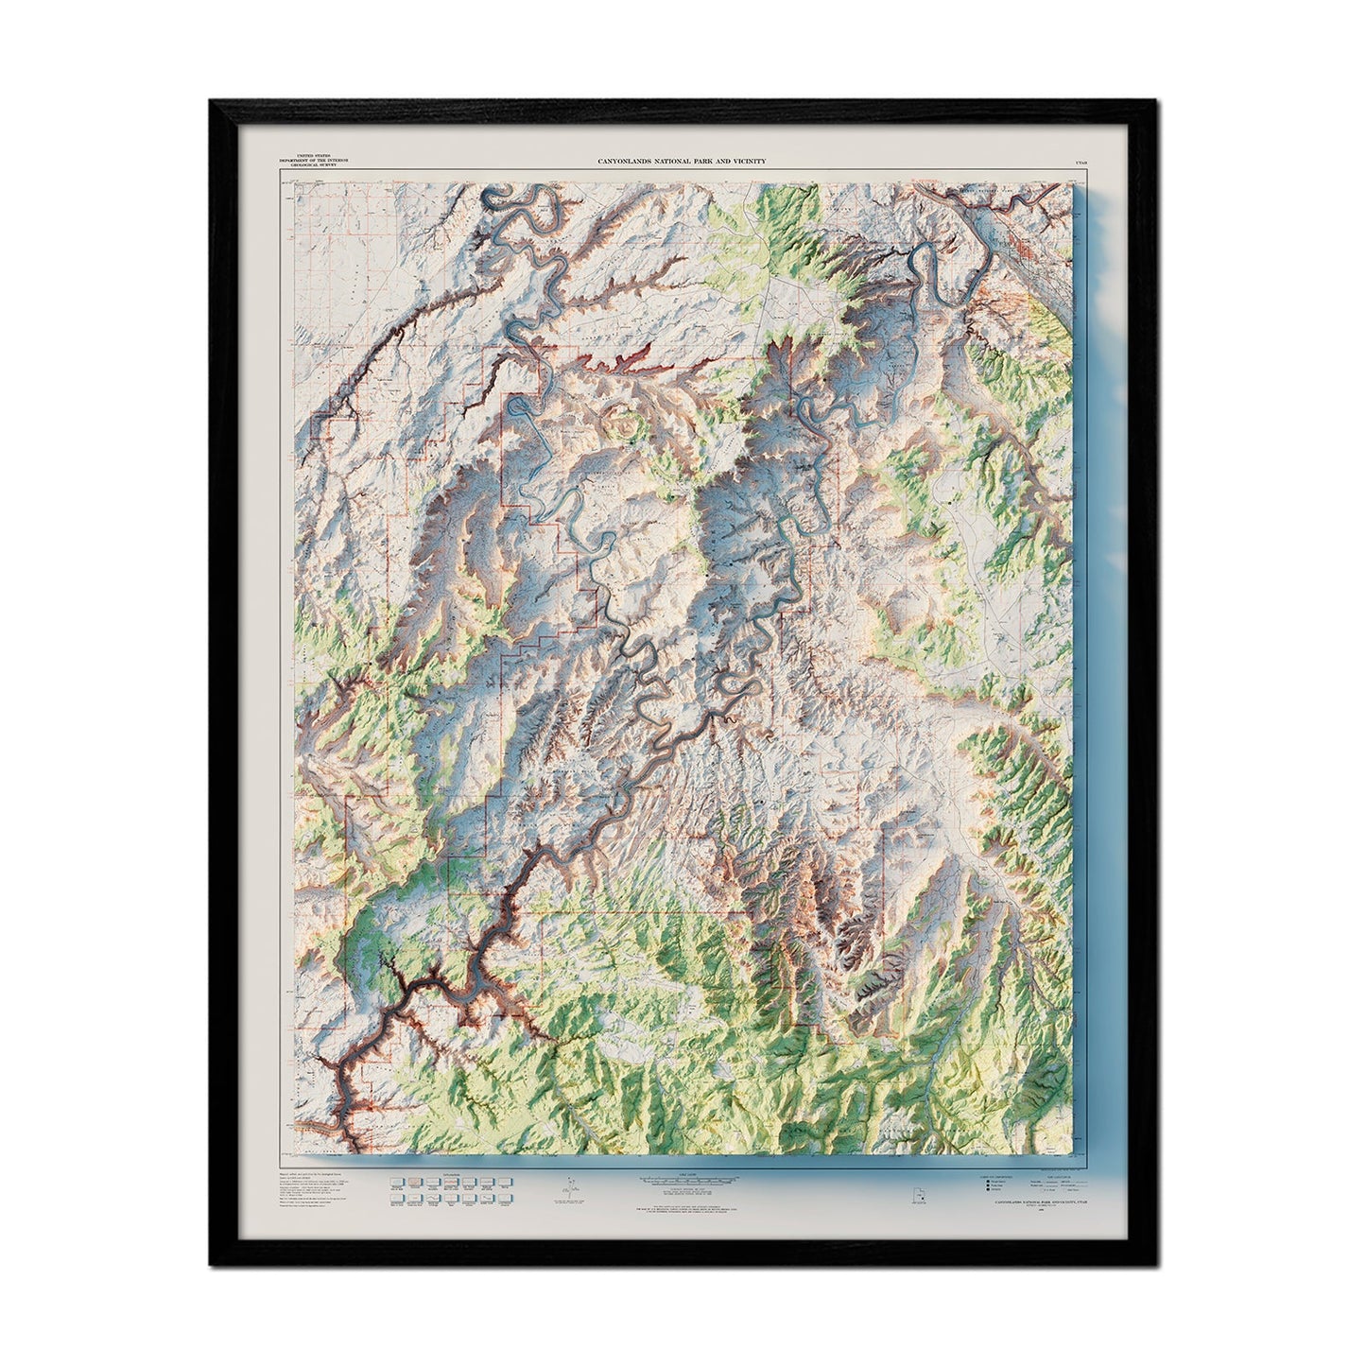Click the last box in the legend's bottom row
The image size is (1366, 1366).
(504, 1197)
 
